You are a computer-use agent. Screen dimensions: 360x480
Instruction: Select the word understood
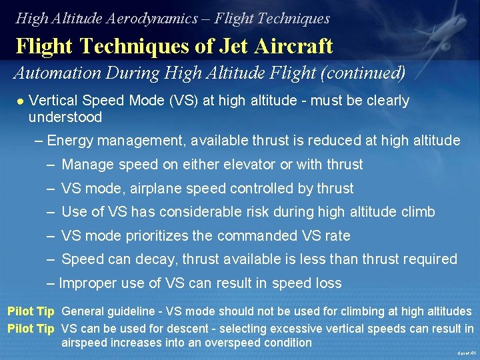coord(65,117)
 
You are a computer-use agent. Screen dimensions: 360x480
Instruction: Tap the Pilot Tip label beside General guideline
coord(31,311)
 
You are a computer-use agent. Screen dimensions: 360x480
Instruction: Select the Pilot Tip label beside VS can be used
coord(31,328)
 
